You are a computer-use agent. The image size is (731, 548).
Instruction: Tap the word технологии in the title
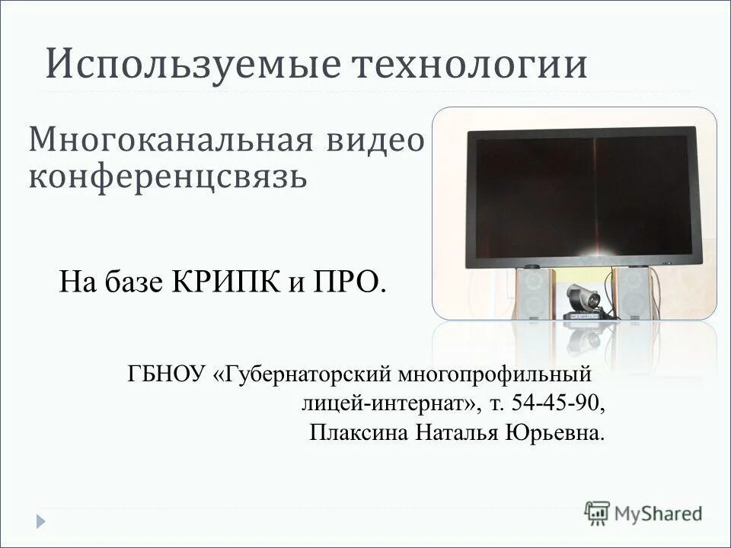(470, 65)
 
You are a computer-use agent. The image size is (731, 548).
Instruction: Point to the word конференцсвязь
(168, 177)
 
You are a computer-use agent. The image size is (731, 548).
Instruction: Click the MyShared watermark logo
(643, 513)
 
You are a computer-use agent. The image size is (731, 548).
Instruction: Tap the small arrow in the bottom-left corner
(41, 521)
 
